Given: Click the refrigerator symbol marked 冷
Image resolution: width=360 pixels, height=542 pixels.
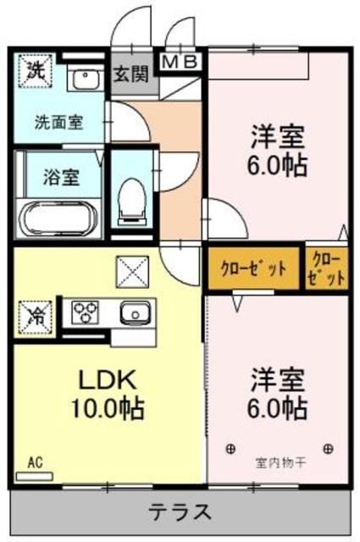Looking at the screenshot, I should point(35,317).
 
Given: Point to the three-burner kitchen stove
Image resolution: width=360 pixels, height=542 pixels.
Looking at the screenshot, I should point(86,313).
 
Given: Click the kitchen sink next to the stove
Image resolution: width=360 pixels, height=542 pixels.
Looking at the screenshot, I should point(133,313).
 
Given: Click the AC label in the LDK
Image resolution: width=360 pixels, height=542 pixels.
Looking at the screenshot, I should point(35,463).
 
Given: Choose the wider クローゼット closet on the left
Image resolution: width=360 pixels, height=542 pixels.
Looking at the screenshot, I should point(253,268).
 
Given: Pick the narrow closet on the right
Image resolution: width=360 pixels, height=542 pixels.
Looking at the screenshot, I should point(327,268).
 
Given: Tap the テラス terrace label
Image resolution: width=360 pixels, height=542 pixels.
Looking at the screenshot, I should point(180,512).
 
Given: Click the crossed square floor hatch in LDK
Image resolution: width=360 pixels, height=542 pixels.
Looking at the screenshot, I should point(132,271).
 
